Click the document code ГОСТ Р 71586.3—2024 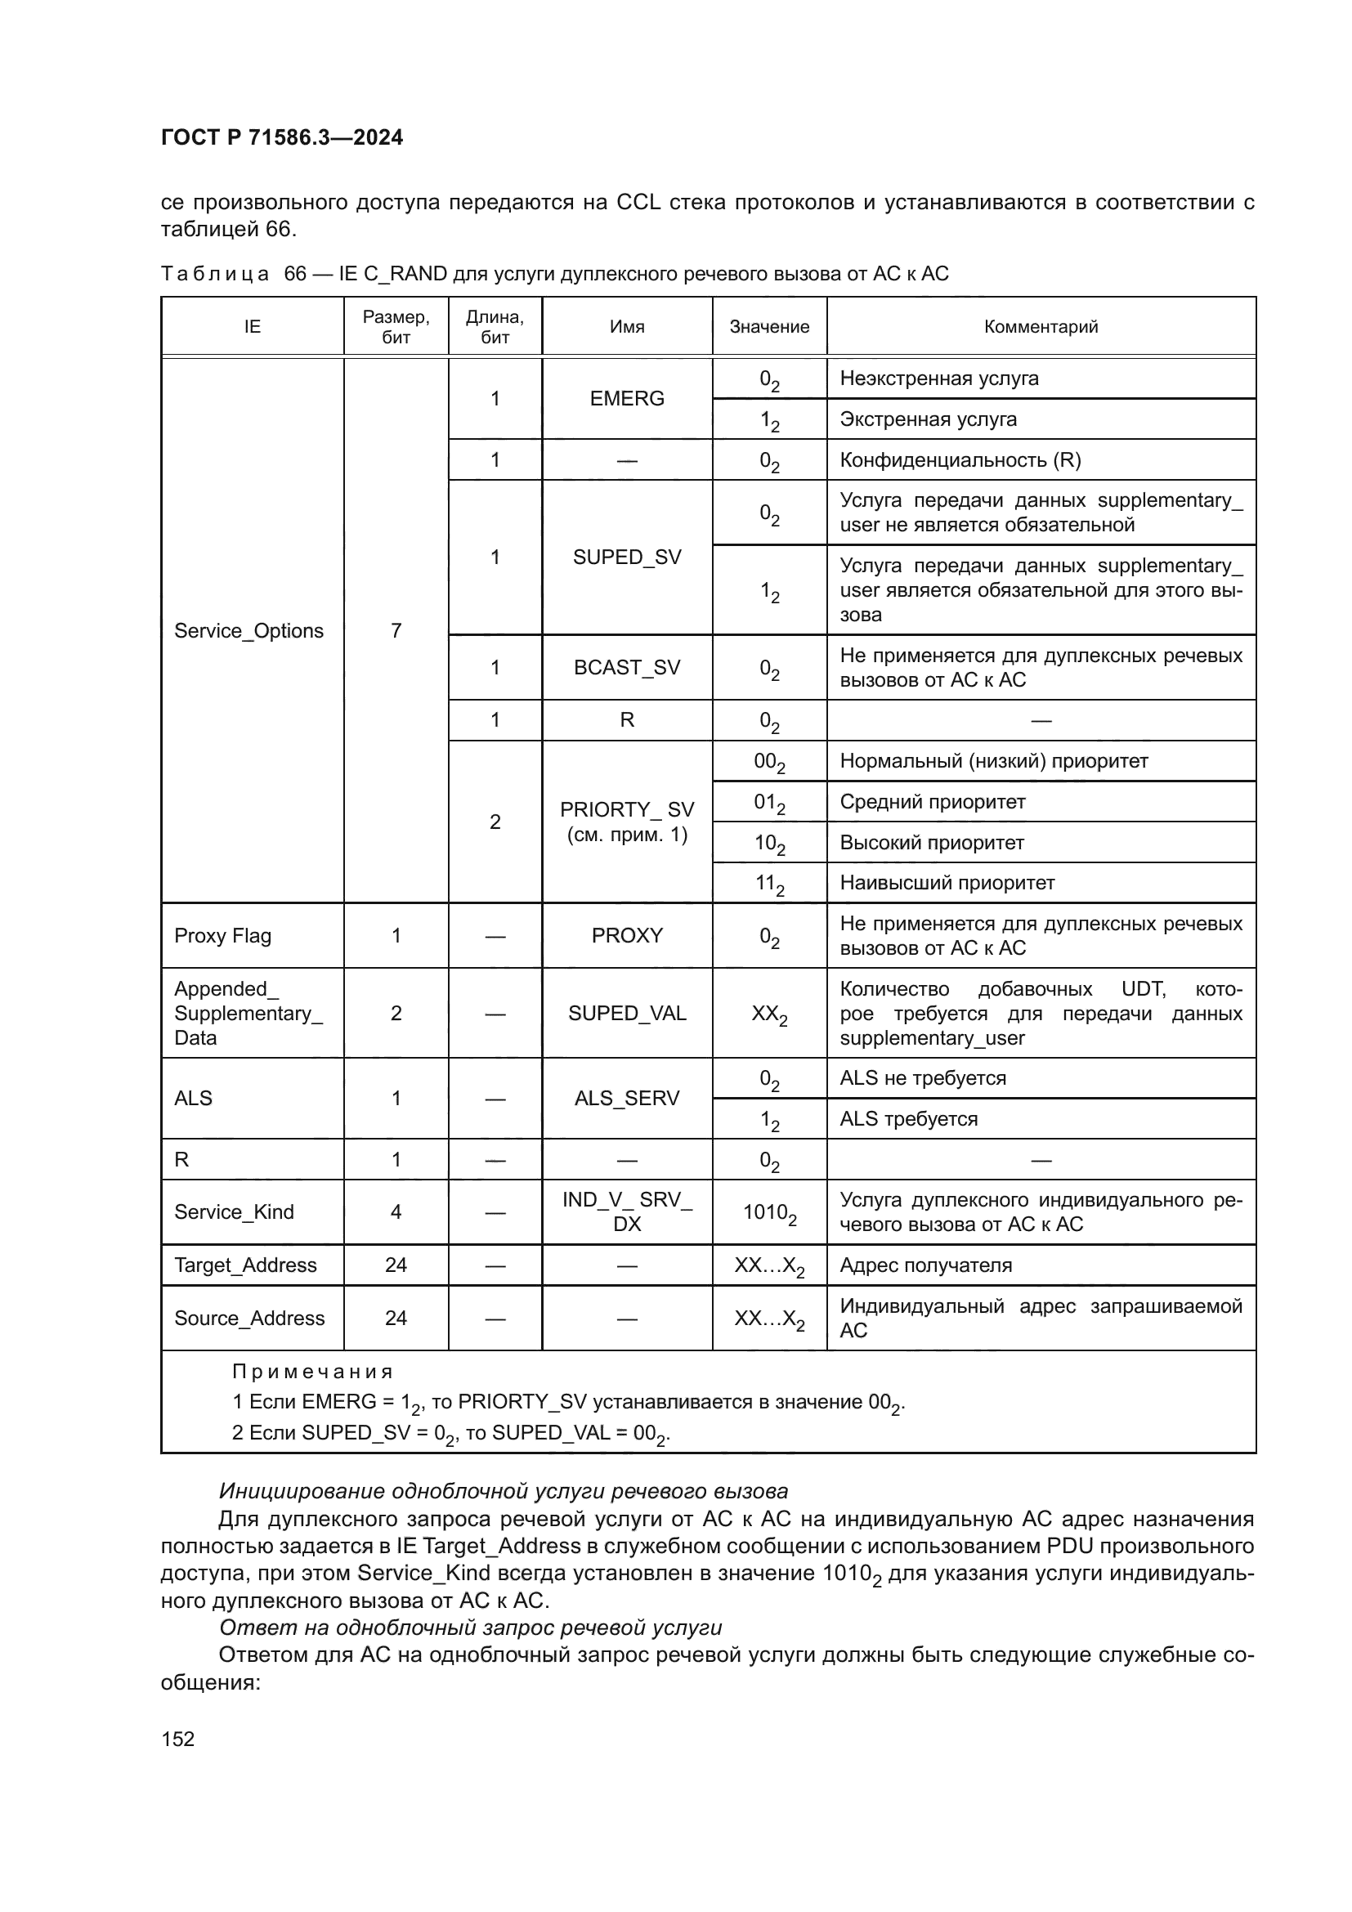pyautogui.click(x=281, y=137)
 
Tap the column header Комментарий pyautogui.click(x=1040, y=326)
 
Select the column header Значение pyautogui.click(x=768, y=326)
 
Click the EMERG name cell pyautogui.click(x=626, y=398)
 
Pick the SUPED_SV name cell pyautogui.click(x=626, y=557)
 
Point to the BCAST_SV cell pyautogui.click(x=626, y=667)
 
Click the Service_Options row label pyautogui.click(x=248, y=630)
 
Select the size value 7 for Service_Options pyautogui.click(x=396, y=630)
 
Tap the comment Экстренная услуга pyautogui.click(x=928, y=419)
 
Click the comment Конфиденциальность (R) pyautogui.click(x=960, y=459)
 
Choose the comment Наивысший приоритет pyautogui.click(x=947, y=883)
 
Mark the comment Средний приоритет pyautogui.click(x=932, y=802)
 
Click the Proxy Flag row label pyautogui.click(x=222, y=936)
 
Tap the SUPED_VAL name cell pyautogui.click(x=626, y=1014)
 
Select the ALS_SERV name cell pyautogui.click(x=626, y=1099)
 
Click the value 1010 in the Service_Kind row pyautogui.click(x=768, y=1212)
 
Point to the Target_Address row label pyautogui.click(x=244, y=1265)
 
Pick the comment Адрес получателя pyautogui.click(x=925, y=1265)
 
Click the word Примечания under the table pyautogui.click(x=311, y=1372)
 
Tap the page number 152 pyautogui.click(x=177, y=1739)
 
